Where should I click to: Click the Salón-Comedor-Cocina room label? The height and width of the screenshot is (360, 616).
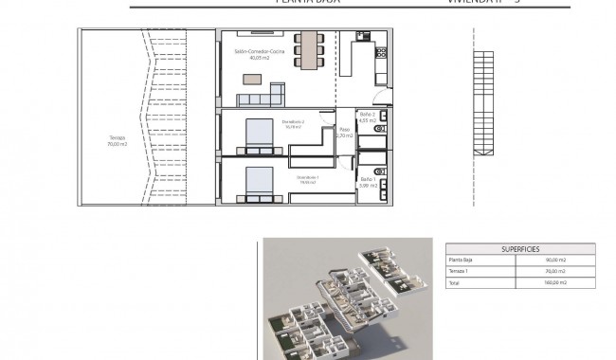coord(254,53)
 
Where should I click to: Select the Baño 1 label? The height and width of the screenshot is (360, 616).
coord(368,182)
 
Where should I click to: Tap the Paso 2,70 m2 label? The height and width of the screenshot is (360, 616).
coord(344,133)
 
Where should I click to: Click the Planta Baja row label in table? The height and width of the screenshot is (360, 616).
coord(462,260)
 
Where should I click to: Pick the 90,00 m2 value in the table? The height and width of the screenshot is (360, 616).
coord(555,260)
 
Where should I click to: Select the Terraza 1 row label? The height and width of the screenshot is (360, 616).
coord(461,271)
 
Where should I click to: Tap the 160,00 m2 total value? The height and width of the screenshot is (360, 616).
coord(554,282)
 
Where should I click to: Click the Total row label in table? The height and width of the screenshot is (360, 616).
coord(456,282)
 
